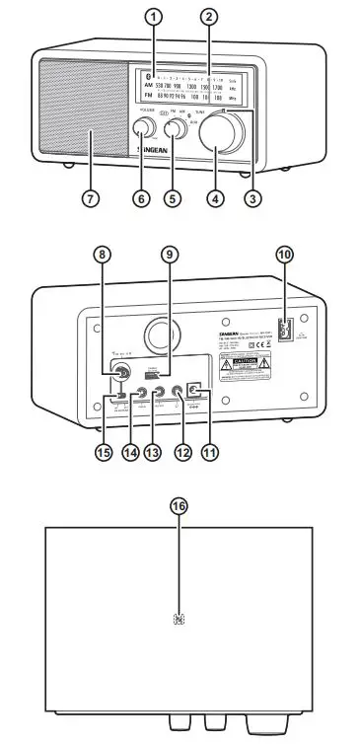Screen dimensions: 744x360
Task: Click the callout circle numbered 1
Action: pos(153,17)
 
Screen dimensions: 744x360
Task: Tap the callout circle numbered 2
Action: pos(208,17)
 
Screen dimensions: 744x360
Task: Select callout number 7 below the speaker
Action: pos(90,197)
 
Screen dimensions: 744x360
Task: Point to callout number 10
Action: pos(285,254)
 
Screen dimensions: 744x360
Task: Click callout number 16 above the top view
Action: pos(179,506)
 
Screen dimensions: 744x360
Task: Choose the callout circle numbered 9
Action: pos(170,254)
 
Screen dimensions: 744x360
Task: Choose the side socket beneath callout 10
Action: pos(285,330)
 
